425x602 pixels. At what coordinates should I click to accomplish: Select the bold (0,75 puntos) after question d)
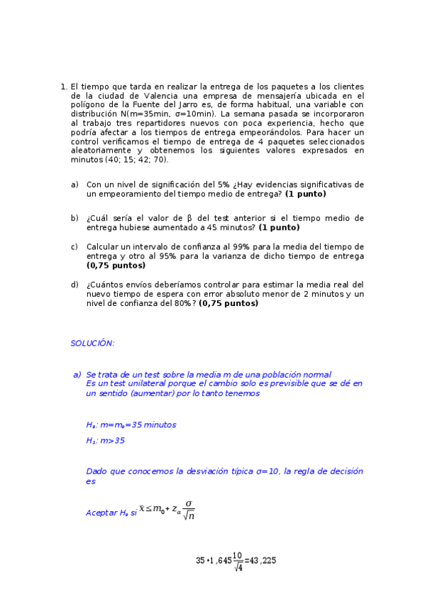tap(228, 303)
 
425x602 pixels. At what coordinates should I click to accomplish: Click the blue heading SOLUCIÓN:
tap(92, 343)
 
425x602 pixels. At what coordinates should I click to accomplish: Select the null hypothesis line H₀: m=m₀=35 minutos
tap(131, 425)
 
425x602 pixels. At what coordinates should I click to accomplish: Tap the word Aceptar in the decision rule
tap(100, 513)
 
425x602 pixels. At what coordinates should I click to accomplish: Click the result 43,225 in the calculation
tap(263, 560)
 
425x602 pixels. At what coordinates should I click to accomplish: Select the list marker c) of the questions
tap(74, 247)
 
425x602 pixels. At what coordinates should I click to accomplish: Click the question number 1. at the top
tap(64, 86)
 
